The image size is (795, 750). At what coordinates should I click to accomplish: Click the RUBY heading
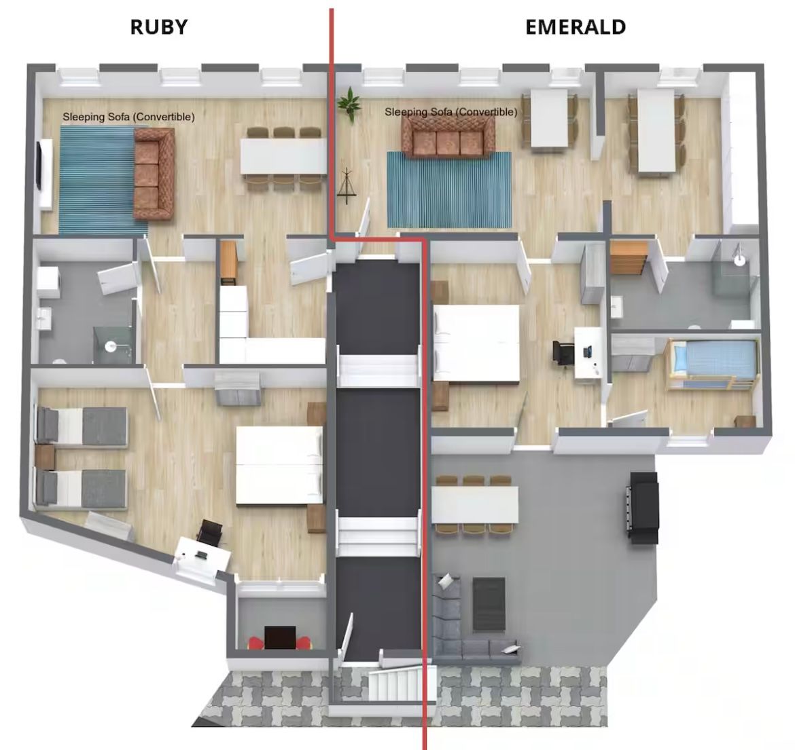[159, 27]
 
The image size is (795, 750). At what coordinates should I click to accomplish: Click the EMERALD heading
[576, 27]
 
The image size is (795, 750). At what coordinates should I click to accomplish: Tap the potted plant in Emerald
[349, 103]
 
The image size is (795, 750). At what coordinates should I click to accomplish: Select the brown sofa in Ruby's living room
[154, 174]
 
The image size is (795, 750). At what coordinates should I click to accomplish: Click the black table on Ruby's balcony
[281, 637]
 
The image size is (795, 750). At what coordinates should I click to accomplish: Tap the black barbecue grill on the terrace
[643, 508]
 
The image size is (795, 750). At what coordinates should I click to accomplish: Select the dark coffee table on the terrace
[489, 603]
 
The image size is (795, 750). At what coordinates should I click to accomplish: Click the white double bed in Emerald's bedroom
[476, 343]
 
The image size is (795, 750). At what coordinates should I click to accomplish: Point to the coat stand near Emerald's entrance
[347, 186]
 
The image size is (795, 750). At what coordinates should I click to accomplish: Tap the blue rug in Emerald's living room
[449, 190]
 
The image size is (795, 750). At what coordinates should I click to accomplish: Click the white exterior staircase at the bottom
[402, 683]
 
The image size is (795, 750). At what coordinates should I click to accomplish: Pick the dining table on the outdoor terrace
[475, 504]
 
